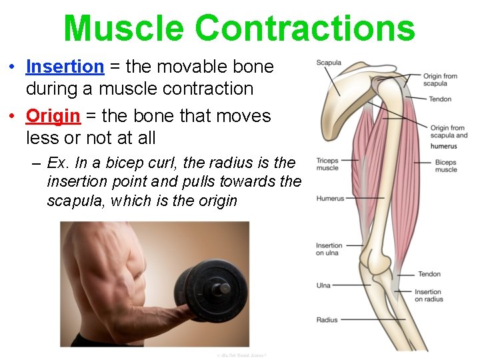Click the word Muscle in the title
(123, 28)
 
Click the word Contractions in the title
(305, 28)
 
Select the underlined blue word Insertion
(65, 67)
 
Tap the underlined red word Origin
(53, 116)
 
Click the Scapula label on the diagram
(329, 63)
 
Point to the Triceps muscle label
(327, 164)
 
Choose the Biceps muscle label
(445, 165)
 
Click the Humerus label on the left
(330, 198)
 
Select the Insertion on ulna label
(329, 249)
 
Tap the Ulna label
(323, 285)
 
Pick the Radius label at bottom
(327, 320)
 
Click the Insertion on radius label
(428, 295)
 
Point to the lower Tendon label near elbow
(429, 274)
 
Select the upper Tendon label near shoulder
(440, 99)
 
